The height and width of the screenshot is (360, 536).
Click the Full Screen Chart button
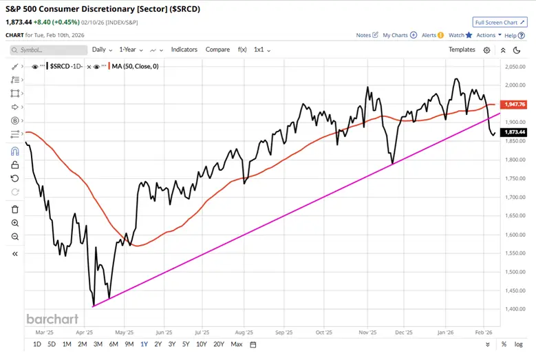[500, 23]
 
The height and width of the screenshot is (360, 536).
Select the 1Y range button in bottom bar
[144, 344]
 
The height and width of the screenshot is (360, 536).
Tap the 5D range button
[52, 344]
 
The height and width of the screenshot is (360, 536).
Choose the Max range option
[237, 344]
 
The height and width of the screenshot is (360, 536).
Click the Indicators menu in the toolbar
[184, 50]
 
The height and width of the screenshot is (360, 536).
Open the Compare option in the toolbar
[217, 50]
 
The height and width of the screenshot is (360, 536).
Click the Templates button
[462, 50]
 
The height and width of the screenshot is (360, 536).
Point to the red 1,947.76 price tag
[515, 105]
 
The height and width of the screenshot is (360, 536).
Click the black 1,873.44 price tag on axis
[515, 131]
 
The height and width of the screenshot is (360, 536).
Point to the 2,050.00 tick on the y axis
[515, 67]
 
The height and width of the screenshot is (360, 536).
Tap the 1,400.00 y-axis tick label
[515, 308]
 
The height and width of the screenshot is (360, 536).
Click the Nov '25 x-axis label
[367, 331]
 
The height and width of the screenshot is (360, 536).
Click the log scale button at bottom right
[519, 344]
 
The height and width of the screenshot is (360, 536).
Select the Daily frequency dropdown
[102, 50]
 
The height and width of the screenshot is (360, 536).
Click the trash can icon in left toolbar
[15, 209]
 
